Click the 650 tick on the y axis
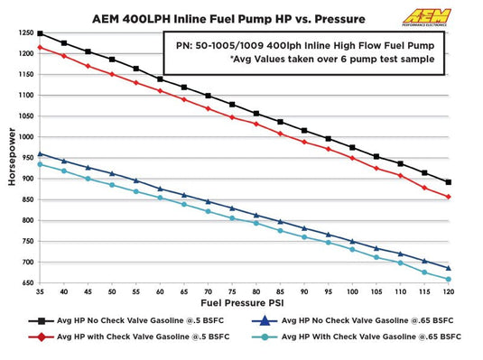point(25,282)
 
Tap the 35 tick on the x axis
point(39,292)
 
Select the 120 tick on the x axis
point(448,292)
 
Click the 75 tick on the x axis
point(232,292)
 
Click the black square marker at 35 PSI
point(39,33)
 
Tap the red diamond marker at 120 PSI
point(448,197)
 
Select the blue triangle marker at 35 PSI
point(39,153)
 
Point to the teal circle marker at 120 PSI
point(448,279)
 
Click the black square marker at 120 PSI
point(448,181)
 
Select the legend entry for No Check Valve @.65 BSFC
point(361,319)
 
